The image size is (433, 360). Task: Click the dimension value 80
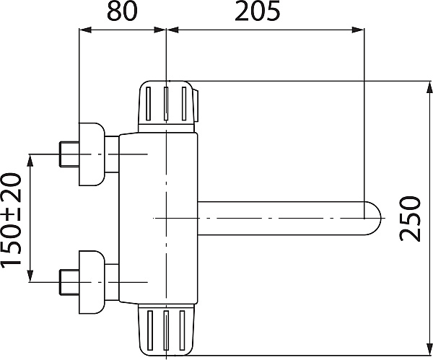122,12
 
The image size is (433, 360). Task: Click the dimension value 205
258,12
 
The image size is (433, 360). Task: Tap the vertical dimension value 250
411,219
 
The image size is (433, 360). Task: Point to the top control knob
167,106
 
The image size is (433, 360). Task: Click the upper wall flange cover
92,154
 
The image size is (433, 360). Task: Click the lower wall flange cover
92,282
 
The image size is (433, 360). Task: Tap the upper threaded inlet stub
69,154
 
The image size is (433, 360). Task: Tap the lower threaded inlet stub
69,282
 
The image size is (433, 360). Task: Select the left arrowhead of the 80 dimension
85,30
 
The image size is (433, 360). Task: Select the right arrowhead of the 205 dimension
358,30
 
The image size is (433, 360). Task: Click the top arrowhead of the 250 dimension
429,88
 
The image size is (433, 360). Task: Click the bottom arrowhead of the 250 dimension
429,349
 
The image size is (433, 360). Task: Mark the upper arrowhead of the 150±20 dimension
30,160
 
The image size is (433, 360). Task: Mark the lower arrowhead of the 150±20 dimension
30,276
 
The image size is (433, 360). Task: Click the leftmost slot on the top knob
148,104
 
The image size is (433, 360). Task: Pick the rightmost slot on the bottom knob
182,330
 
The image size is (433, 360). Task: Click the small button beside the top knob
196,105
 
